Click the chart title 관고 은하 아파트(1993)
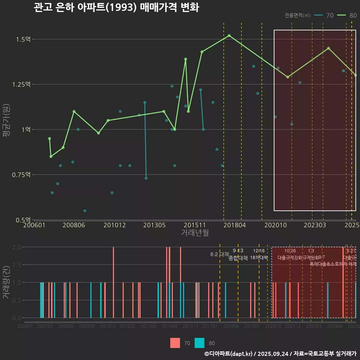pos(116,8)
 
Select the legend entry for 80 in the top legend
pos(347,15)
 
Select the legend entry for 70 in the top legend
pos(324,15)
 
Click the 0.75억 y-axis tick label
pos(22,175)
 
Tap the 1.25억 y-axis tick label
pos(22,84)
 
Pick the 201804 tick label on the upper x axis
pos(234,225)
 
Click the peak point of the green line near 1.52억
pos(229,36)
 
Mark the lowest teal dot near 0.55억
pos(85,211)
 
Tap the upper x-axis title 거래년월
pos(195,233)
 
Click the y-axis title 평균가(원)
pos(6,130)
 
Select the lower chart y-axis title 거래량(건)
pos(6,282)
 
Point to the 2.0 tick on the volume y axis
pos(17,247)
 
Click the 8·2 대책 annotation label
pos(220,254)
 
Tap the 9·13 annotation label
pos(238,250)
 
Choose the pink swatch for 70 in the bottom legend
pos(175,343)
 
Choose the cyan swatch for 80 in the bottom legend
pos(199,343)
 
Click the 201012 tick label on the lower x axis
pos(107,326)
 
